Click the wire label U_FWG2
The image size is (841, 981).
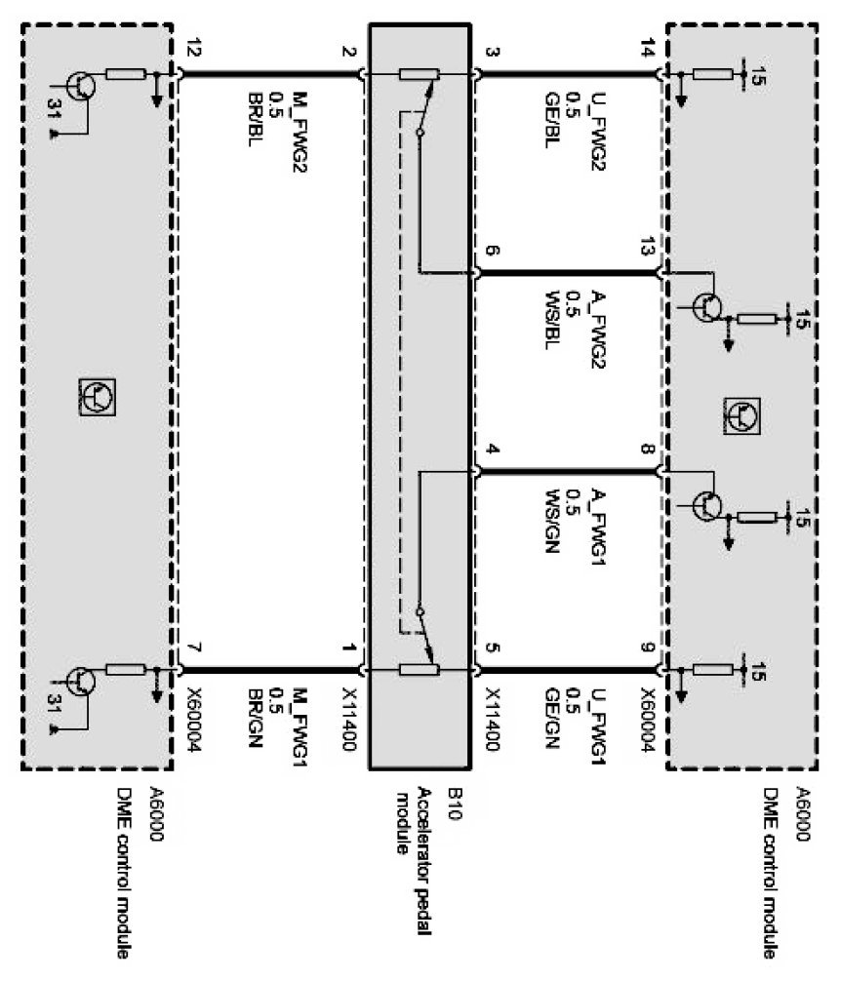click(x=597, y=119)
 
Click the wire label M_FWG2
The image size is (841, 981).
click(x=299, y=113)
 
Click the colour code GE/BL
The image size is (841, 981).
click(x=552, y=119)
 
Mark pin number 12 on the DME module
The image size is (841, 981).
click(x=191, y=52)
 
